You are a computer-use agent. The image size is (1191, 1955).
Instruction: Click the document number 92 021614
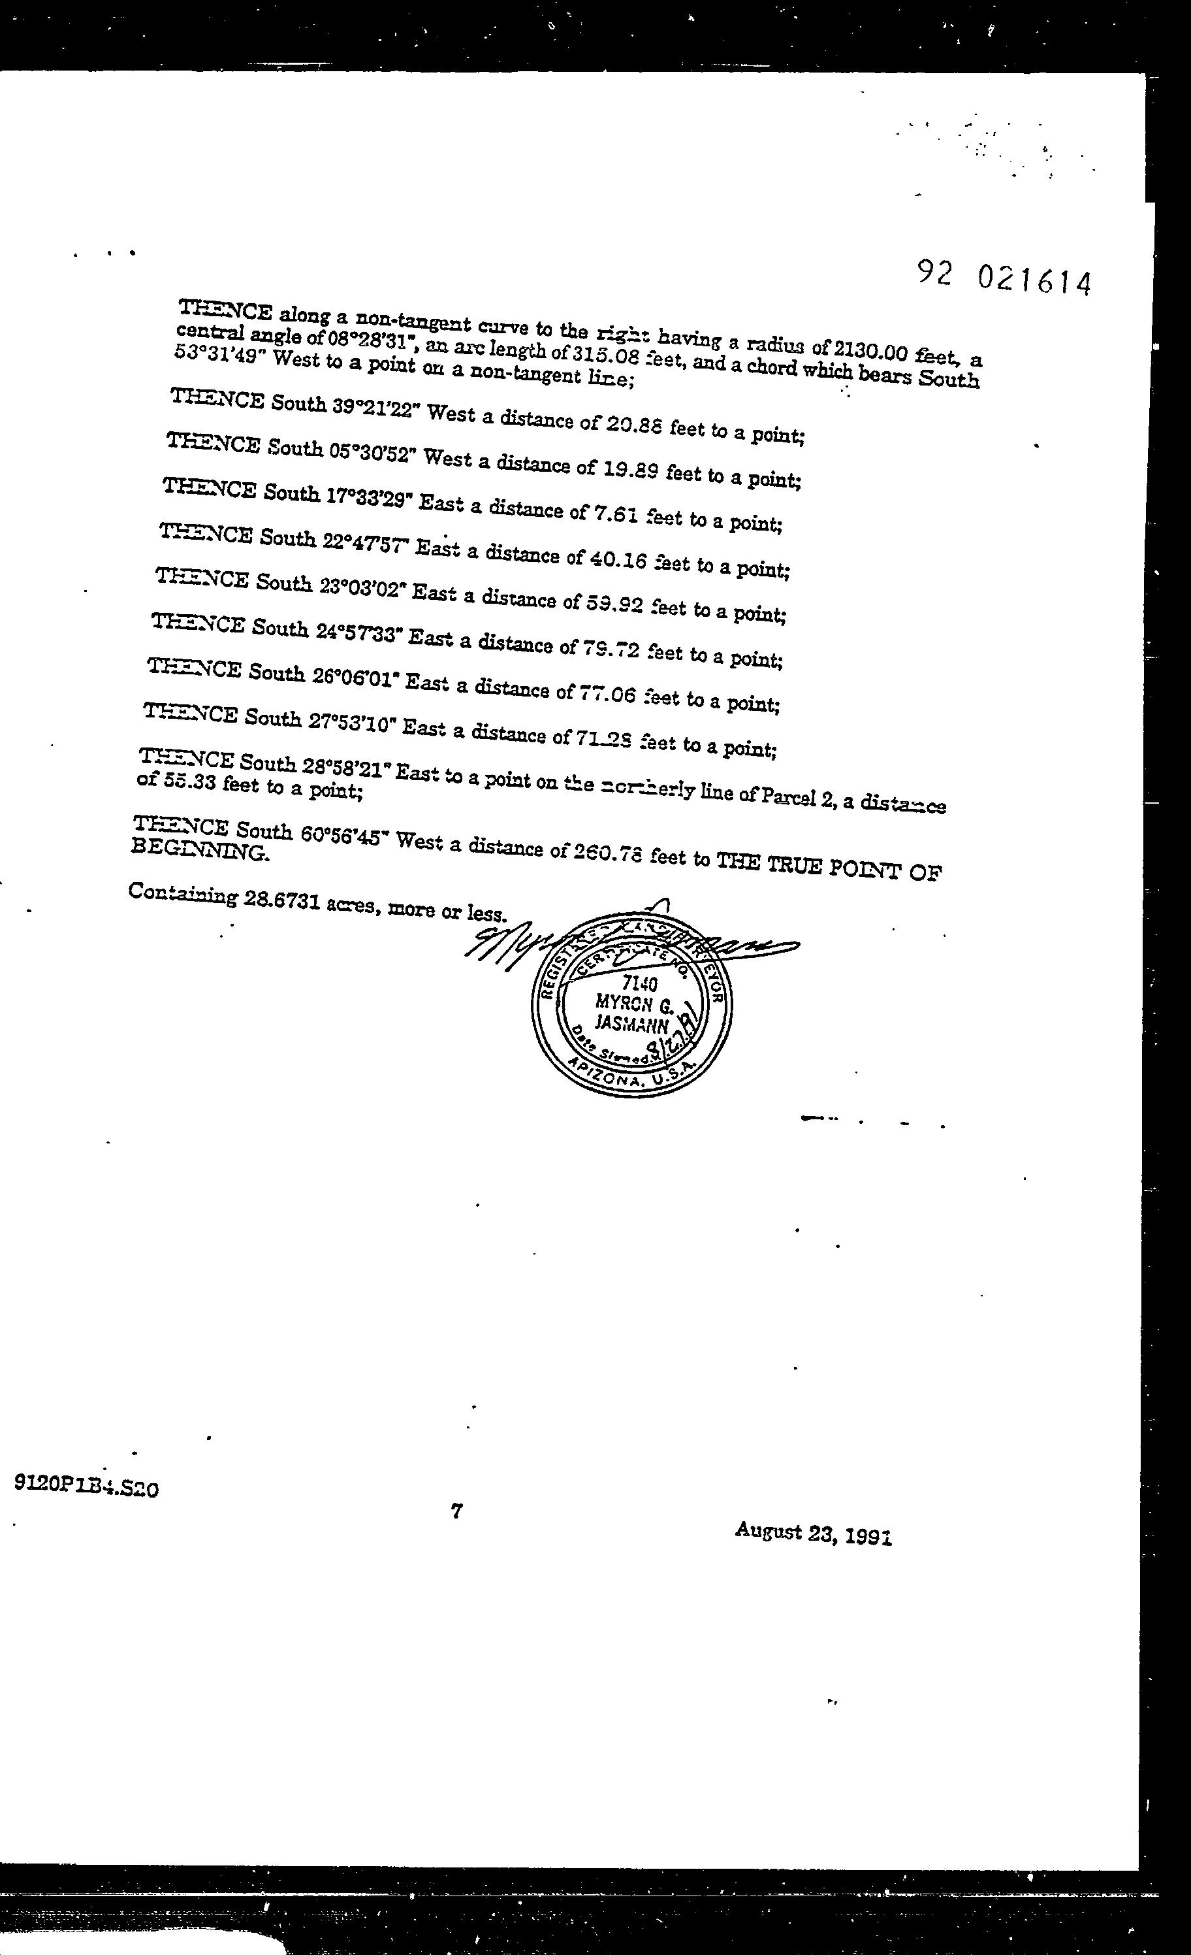pos(1004,278)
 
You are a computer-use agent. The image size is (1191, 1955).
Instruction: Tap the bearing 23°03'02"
pos(362,588)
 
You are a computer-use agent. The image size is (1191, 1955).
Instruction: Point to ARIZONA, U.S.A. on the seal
pos(632,1077)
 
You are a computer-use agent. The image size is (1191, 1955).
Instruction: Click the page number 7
pos(456,1511)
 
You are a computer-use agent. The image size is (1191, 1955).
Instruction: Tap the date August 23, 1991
pos(813,1533)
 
